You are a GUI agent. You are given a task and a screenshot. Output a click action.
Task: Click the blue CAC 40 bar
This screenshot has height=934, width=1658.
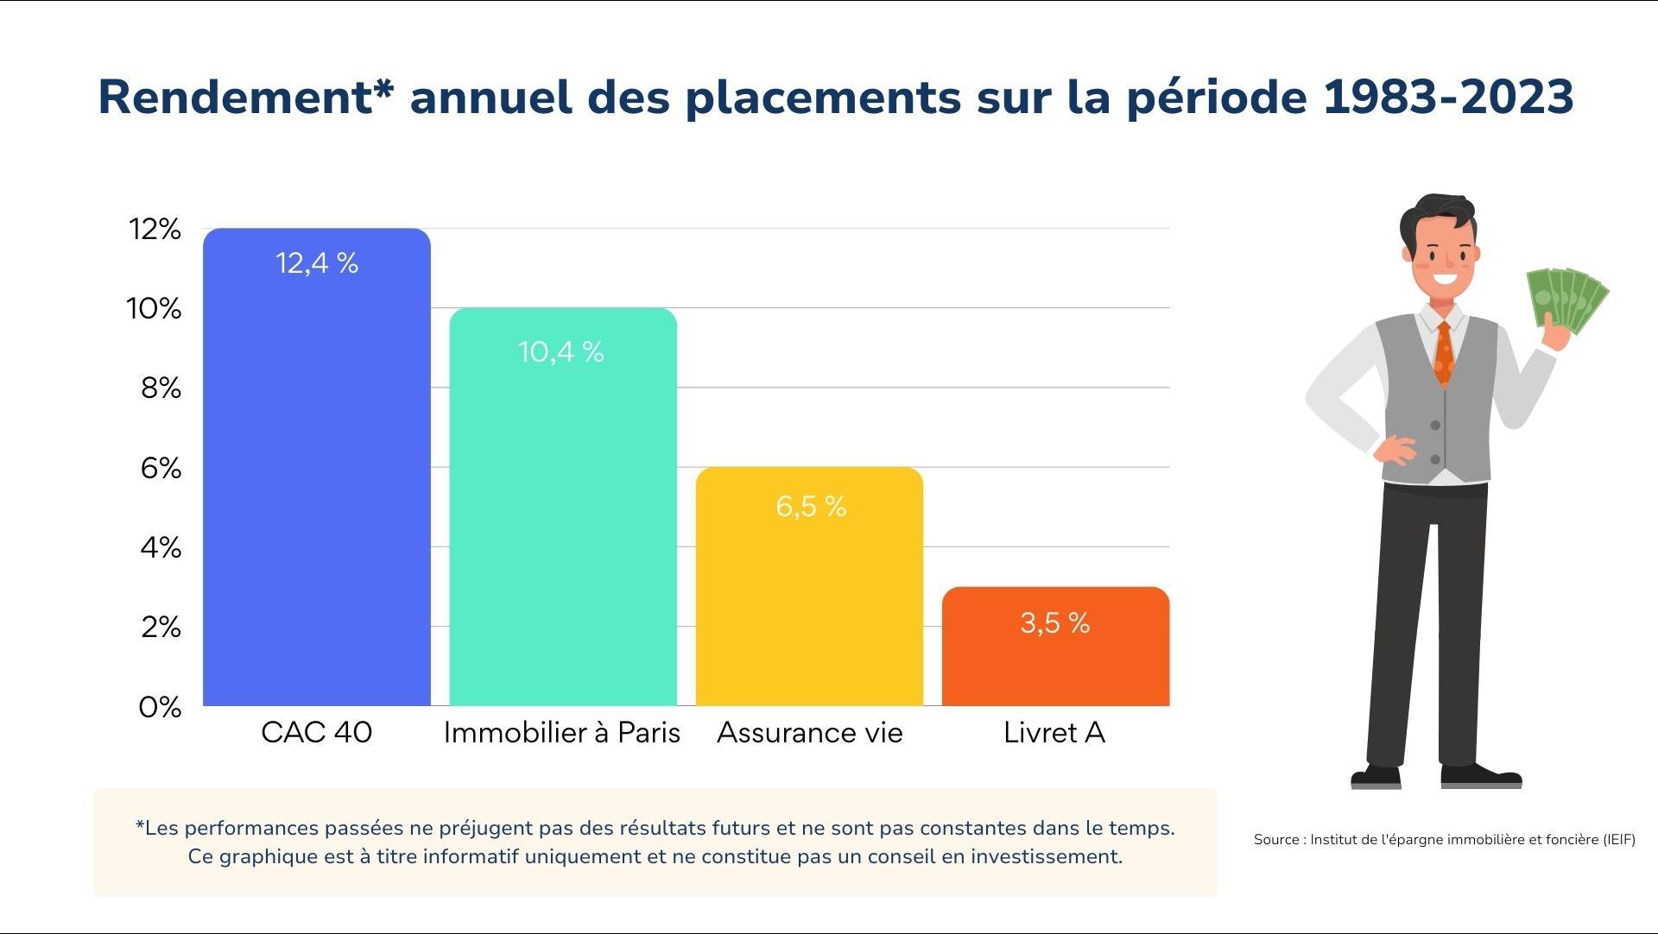pos(316,483)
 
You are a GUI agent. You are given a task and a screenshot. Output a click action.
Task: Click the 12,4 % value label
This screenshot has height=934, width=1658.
pos(316,263)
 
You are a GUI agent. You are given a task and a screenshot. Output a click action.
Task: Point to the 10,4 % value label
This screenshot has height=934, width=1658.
pos(560,351)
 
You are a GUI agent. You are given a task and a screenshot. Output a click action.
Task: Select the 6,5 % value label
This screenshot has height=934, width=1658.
pos(810,506)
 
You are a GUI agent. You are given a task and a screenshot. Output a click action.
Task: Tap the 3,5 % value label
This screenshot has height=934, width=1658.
pos(1054,622)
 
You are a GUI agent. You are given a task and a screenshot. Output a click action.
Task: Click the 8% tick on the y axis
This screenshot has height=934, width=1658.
pos(161,388)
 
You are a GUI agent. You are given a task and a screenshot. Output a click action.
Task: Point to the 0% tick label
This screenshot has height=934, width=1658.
pos(160,708)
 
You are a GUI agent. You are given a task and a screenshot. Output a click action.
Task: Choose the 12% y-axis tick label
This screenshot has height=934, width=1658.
pos(155,230)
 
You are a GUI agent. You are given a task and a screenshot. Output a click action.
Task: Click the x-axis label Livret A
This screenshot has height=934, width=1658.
pos(1054,733)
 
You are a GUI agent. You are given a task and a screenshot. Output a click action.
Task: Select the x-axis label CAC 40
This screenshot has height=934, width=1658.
pos(316,733)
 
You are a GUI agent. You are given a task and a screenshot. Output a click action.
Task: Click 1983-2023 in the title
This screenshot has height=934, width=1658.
pos(1448,97)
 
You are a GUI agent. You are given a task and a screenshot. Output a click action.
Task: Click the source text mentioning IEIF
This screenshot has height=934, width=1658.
pos(1444,839)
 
